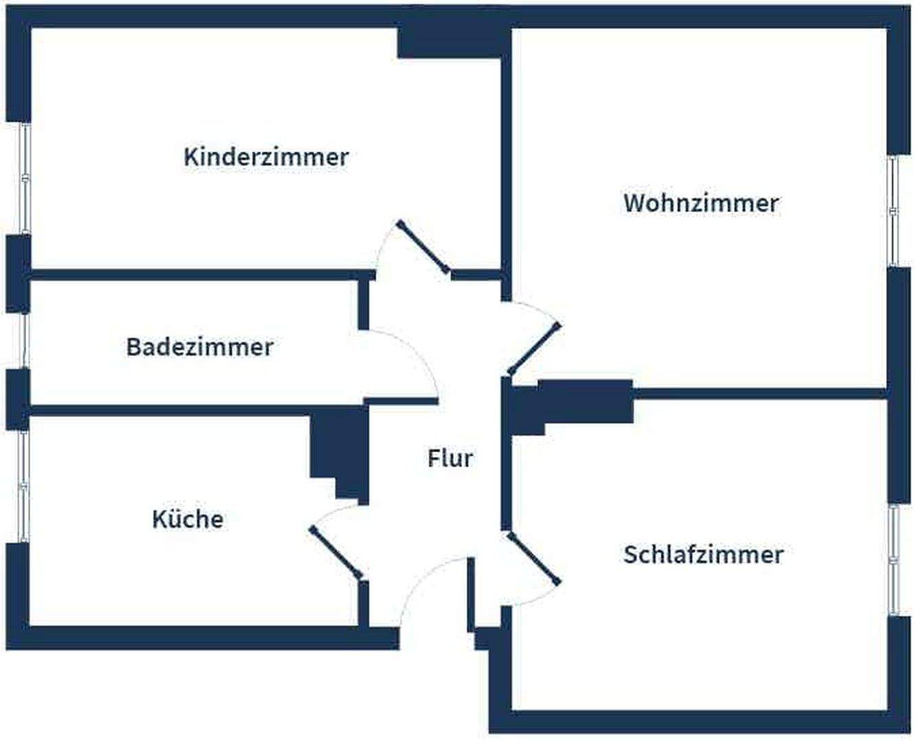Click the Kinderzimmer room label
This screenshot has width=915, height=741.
[266, 156]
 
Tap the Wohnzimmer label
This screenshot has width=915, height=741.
[701, 203]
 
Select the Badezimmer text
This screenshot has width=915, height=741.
[199, 346]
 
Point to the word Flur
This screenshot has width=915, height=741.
[450, 458]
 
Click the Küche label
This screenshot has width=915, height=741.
[187, 519]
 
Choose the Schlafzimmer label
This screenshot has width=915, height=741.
[703, 554]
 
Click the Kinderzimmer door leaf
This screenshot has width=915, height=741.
[424, 247]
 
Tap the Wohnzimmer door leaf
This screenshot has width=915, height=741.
[534, 349]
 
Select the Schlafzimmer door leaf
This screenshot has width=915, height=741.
[533, 558]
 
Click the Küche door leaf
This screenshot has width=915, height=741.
[336, 553]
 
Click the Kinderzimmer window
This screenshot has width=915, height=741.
[25, 178]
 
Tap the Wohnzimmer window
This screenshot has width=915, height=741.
[893, 211]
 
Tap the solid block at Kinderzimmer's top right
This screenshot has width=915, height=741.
[453, 41]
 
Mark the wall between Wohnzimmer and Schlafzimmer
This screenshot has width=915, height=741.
[758, 394]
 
